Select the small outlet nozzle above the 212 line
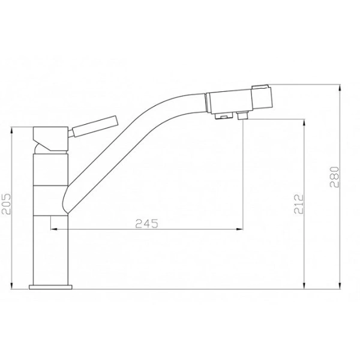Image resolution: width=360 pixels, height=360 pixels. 243,115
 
